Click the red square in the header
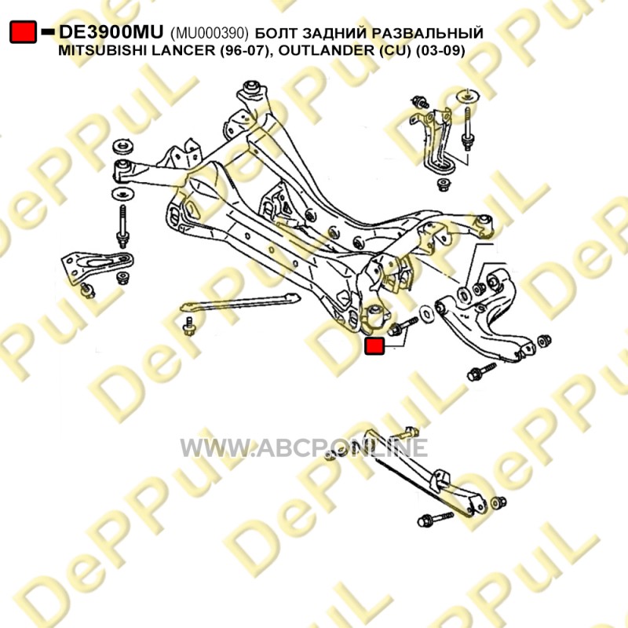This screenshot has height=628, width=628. pyautogui.click(x=23, y=32)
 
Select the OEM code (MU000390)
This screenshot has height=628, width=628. pyautogui.click(x=210, y=33)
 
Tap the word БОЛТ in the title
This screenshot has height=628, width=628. pyautogui.click(x=279, y=33)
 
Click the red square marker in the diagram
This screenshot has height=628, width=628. pyautogui.click(x=375, y=345)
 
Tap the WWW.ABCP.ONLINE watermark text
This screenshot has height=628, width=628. pyautogui.click(x=304, y=448)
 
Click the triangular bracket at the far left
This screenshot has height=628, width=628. pyautogui.click(x=98, y=266)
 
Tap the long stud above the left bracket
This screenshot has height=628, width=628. pyautogui.click(x=122, y=223)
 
